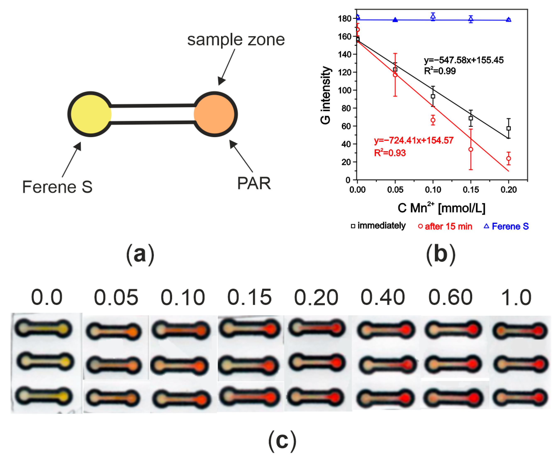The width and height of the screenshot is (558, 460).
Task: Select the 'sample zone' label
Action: (x=236, y=40)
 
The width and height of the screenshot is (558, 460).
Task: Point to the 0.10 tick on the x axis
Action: (x=433, y=189)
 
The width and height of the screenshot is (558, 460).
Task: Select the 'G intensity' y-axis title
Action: (x=326, y=95)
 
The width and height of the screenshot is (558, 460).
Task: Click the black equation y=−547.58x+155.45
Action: (x=464, y=60)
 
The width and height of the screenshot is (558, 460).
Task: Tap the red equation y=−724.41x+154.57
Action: (x=414, y=140)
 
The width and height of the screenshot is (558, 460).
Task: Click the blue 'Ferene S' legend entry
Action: (x=506, y=226)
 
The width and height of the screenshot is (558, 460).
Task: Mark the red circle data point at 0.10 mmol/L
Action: (x=433, y=120)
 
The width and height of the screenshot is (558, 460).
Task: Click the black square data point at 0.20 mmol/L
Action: (x=508, y=128)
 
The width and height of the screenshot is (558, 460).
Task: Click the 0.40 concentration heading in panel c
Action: (x=383, y=297)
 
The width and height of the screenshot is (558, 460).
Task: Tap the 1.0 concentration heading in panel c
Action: (x=516, y=297)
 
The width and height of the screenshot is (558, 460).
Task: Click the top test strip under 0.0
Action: (x=43, y=329)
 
